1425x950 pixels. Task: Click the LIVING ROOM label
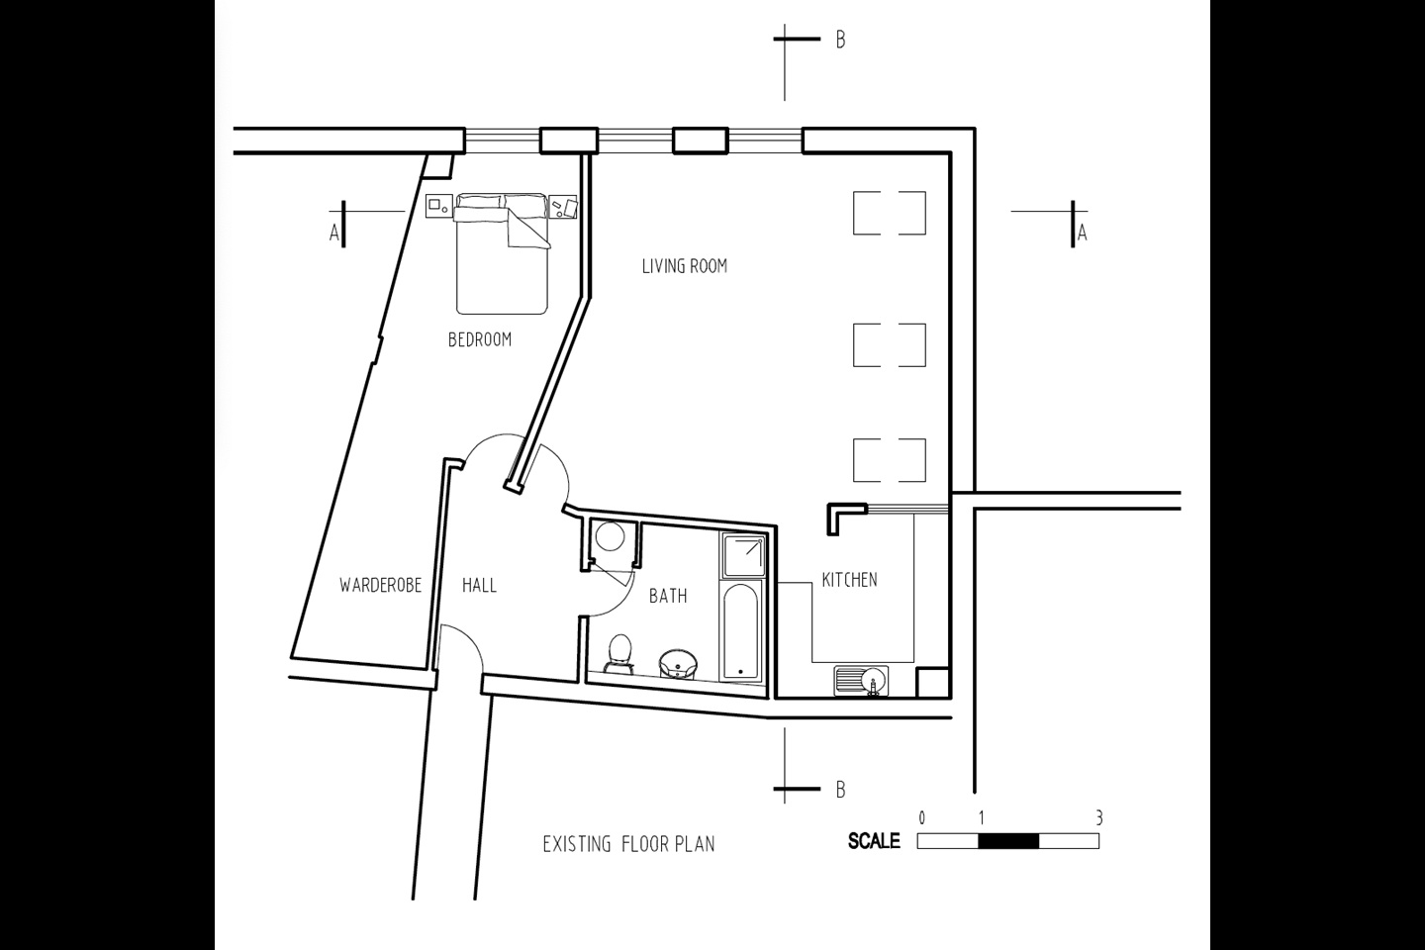tap(685, 266)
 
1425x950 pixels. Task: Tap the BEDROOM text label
tap(480, 339)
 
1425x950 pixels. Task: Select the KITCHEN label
tap(849, 580)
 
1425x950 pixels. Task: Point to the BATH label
tap(668, 596)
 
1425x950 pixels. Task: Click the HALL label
tap(479, 586)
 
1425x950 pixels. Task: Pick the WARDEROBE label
tap(380, 586)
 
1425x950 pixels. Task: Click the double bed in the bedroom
tap(502, 254)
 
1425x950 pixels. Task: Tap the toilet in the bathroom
tap(619, 653)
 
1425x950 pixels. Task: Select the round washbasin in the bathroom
tap(678, 664)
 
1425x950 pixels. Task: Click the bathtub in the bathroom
tap(741, 630)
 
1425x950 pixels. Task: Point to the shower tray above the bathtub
tap(742, 555)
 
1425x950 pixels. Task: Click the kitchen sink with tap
tap(861, 681)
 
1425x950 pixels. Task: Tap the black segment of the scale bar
tap(1008, 841)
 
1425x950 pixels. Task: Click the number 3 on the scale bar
tap(1098, 817)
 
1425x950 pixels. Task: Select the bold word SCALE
tap(874, 841)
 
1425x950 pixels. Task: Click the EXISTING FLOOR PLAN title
tap(628, 844)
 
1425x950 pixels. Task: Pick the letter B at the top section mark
tap(840, 41)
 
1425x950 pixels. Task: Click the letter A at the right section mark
tap(1083, 234)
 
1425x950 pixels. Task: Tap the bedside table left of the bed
tap(439, 206)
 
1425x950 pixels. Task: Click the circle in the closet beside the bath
tap(610, 536)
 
